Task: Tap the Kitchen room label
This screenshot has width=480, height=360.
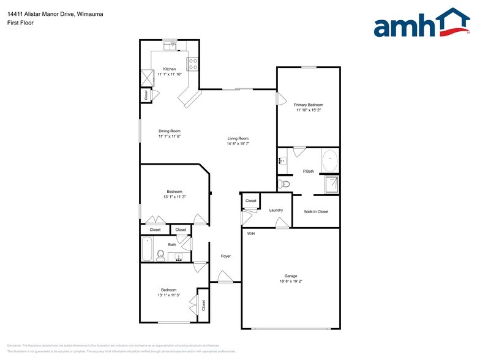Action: tap(170, 69)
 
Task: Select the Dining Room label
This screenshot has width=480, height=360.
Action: tap(170, 130)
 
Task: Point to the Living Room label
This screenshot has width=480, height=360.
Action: tap(238, 138)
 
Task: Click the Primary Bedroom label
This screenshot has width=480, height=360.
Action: tap(308, 105)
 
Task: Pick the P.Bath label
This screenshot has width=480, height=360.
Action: tap(309, 171)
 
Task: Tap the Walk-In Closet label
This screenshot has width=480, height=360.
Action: tap(316, 212)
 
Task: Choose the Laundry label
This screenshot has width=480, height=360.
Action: tap(276, 210)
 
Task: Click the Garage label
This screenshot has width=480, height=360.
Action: tap(290, 276)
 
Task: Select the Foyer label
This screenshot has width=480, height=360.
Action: tap(226, 256)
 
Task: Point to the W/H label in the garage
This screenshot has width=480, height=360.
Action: tap(251, 234)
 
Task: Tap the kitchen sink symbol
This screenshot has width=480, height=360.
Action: tap(170, 45)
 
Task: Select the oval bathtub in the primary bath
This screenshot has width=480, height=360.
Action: tap(329, 160)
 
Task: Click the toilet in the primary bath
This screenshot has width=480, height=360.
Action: tap(284, 183)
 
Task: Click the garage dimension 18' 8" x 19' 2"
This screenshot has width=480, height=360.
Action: tap(290, 281)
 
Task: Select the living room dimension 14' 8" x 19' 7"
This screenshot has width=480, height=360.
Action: tap(238, 144)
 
